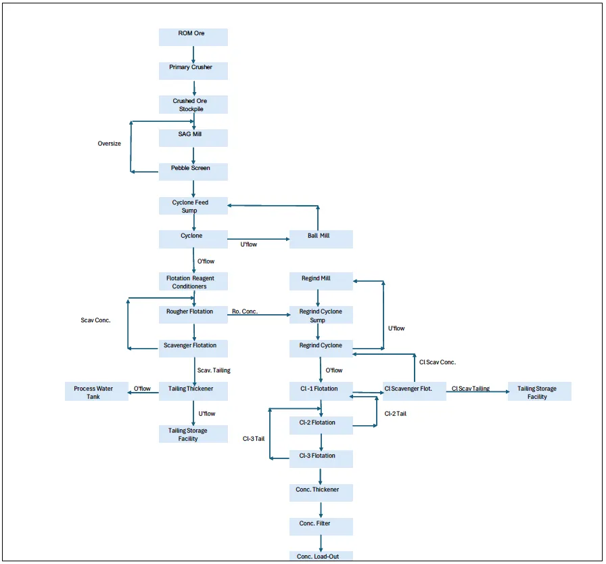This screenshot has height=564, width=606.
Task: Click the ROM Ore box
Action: [193, 37]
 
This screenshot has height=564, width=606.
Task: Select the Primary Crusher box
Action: [193, 71]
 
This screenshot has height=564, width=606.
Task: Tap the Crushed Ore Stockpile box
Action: [193, 105]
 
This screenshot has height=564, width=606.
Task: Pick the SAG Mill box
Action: [193, 138]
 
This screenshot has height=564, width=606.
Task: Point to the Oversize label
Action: [110, 144]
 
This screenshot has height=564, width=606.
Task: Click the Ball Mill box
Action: [321, 239]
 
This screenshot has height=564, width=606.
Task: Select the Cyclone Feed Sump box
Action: [193, 206]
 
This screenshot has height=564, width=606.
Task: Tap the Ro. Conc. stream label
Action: [246, 312]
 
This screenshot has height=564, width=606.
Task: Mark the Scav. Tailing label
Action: [214, 370]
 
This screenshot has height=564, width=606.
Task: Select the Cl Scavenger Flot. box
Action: [415, 392]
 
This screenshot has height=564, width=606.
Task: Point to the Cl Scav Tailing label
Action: [471, 389]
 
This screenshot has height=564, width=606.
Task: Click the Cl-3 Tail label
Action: [254, 439]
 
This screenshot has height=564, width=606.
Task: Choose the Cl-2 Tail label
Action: [396, 413]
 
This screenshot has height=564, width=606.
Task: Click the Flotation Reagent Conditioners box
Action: [193, 282]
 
